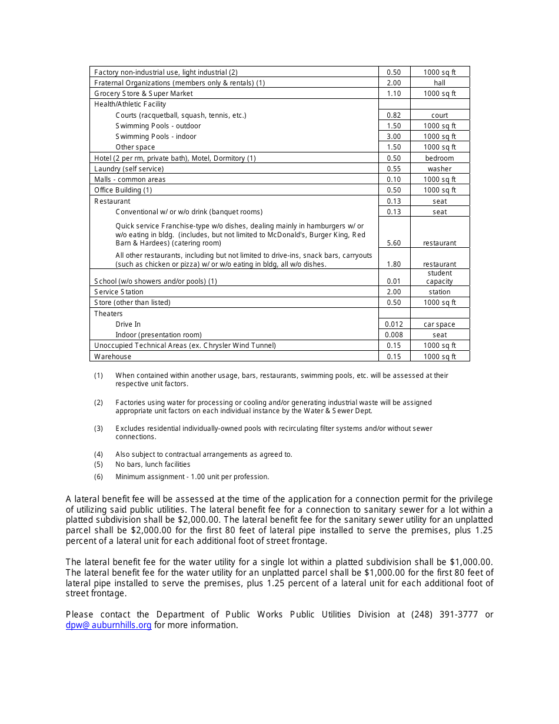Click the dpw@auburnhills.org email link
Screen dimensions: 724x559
109,625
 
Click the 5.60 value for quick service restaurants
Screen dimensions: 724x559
394,243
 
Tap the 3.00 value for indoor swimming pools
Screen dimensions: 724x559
394,137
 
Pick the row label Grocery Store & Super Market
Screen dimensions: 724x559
144,94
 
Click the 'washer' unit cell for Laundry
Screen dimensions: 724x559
440,169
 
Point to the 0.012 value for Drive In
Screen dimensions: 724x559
394,324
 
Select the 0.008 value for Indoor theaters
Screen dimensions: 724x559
394,335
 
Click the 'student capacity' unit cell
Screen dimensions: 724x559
440,277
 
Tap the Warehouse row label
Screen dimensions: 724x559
113,357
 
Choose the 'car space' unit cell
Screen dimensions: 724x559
440,324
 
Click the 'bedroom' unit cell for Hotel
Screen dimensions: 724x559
440,158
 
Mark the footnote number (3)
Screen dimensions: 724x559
98,429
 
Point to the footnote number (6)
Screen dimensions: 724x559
98,477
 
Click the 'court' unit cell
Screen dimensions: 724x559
440,115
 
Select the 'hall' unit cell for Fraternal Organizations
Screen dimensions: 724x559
440,83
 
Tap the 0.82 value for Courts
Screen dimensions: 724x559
394,115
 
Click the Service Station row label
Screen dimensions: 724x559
119,292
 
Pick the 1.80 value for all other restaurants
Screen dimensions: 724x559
394,264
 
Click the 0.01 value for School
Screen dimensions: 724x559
394,281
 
